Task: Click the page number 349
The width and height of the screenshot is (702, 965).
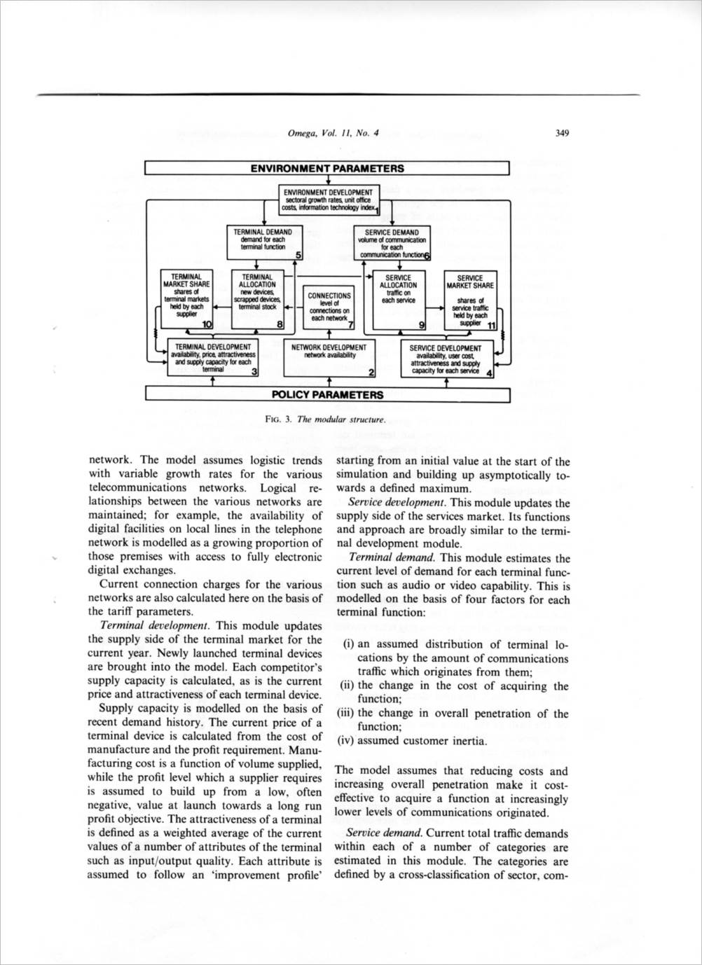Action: pyautogui.click(x=561, y=133)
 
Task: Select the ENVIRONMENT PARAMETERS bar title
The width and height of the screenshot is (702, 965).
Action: pyautogui.click(x=327, y=168)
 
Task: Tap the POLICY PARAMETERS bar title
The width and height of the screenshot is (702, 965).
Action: pyautogui.click(x=327, y=394)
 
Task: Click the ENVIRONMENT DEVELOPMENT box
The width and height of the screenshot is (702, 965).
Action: pyautogui.click(x=328, y=200)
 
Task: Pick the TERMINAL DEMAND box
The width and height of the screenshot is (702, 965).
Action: pyautogui.click(x=263, y=242)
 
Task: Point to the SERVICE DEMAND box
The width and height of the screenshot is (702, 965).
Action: pyautogui.click(x=392, y=242)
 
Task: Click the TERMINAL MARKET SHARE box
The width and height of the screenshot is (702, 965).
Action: pyautogui.click(x=186, y=299)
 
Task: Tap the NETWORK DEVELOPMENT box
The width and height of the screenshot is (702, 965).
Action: pyautogui.click(x=329, y=358)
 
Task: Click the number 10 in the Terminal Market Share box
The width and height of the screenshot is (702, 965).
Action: pyautogui.click(x=207, y=324)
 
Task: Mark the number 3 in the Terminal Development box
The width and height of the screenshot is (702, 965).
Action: pyautogui.click(x=254, y=372)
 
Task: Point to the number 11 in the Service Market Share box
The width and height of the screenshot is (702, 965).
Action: pyautogui.click(x=490, y=325)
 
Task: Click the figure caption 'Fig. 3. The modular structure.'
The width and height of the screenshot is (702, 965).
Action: pyautogui.click(x=326, y=419)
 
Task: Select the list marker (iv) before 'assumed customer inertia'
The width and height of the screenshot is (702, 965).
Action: pyautogui.click(x=348, y=741)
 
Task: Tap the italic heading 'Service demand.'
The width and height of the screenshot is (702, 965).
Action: pyautogui.click(x=384, y=833)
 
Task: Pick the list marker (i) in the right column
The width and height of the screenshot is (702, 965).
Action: pyautogui.click(x=350, y=645)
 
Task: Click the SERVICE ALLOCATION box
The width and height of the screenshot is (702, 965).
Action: pyautogui.click(x=399, y=299)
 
